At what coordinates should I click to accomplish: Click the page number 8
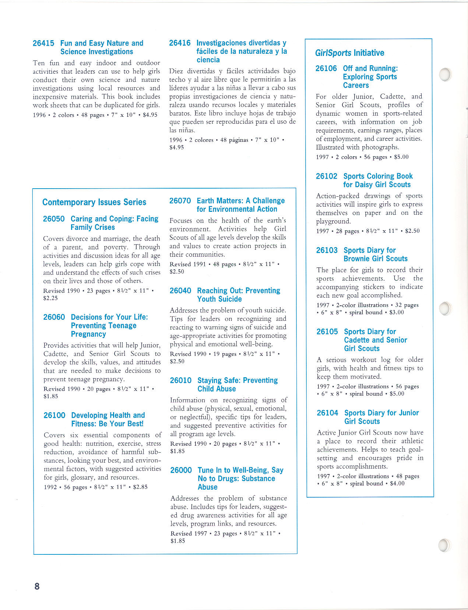[x=37, y=586]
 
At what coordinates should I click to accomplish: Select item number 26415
[x=43, y=43]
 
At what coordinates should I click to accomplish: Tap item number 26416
[x=180, y=43]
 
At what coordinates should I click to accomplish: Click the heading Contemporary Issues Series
[x=94, y=202]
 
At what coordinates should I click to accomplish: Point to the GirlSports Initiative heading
[x=349, y=53]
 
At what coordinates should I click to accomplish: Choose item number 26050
[x=54, y=219]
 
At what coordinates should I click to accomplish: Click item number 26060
[x=54, y=317]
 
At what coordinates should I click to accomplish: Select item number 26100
[x=54, y=415]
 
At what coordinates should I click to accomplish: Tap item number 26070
[x=180, y=201]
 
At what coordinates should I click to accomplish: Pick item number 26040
[x=180, y=291]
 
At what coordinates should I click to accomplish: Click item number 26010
[x=181, y=380]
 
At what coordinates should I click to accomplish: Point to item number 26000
[x=181, y=470]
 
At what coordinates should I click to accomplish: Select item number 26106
[x=326, y=68]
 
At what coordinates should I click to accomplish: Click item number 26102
[x=327, y=176]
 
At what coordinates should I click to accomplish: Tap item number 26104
[x=327, y=413]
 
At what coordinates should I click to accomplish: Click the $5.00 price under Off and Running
[x=401, y=157]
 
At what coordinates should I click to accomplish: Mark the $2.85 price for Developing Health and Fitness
[x=140, y=487]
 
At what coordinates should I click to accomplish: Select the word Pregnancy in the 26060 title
[x=88, y=334]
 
